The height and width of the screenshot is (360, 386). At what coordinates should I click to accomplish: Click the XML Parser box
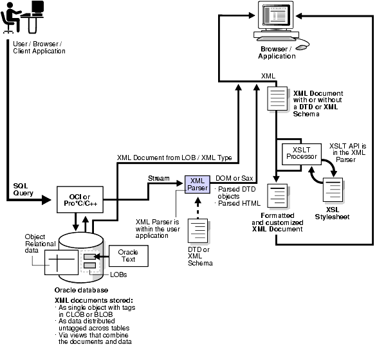point(198,184)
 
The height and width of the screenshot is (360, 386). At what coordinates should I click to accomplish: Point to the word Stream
point(158,178)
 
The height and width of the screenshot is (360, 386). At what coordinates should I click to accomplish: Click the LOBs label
point(118,275)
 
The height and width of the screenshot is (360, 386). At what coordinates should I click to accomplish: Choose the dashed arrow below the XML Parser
point(198,206)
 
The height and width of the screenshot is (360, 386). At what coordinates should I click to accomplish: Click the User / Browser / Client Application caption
point(39,47)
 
